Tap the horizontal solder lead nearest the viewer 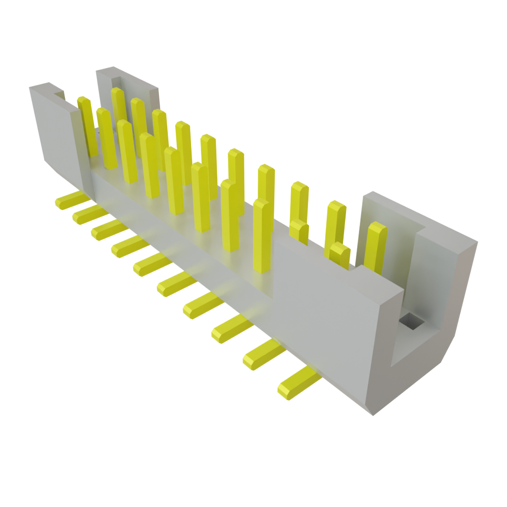297,383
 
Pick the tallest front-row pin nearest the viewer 263,235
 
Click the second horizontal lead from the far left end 89,214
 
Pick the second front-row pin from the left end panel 106,139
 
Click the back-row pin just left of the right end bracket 336,223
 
